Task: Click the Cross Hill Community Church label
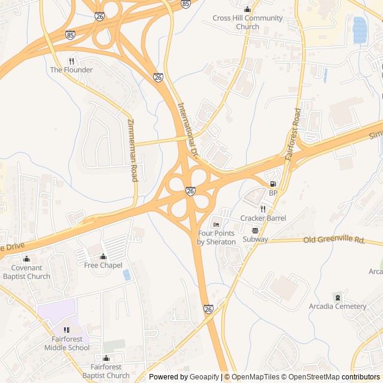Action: (247, 22)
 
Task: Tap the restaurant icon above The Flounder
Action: (71, 60)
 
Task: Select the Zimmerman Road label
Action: (132, 150)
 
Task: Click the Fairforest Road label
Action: (293, 134)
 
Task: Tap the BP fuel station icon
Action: (273, 184)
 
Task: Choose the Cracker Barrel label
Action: (263, 218)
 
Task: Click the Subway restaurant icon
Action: (255, 230)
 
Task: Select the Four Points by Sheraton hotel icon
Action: (216, 224)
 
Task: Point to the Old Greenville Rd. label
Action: (334, 240)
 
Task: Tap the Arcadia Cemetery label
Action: (338, 306)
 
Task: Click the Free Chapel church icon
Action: (103, 257)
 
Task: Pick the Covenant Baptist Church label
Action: (26, 272)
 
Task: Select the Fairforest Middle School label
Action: (66, 344)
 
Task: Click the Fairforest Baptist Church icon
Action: (106, 358)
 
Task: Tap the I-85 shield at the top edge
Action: (186, 4)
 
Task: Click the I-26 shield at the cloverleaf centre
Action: (190, 191)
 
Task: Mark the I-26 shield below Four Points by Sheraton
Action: (208, 309)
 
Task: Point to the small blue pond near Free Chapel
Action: (126, 275)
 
